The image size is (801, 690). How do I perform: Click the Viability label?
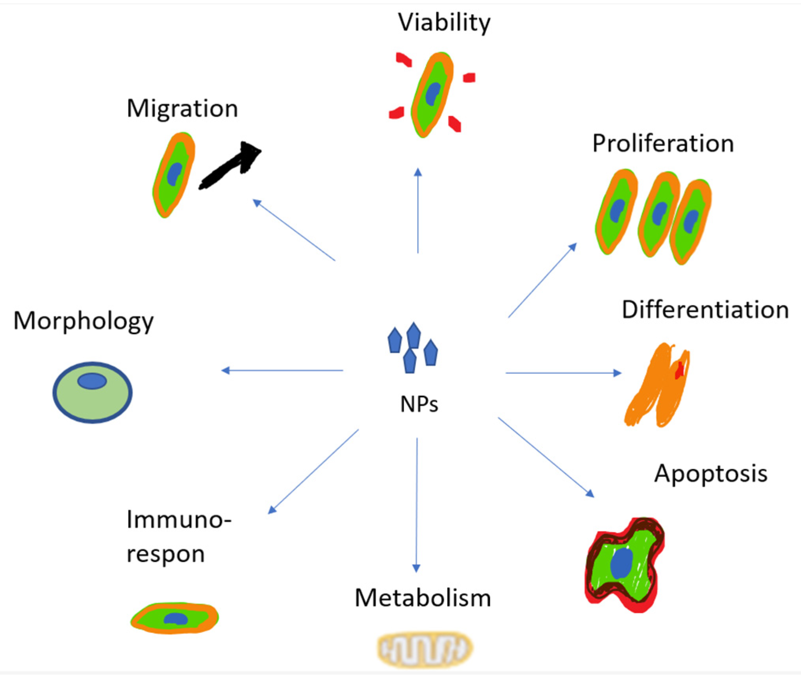point(444,22)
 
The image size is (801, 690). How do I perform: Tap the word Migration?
point(182,108)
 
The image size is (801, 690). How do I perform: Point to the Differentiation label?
point(705,310)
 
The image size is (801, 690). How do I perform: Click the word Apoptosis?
point(710,473)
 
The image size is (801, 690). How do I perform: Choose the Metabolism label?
point(423,598)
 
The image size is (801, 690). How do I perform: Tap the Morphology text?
point(83,321)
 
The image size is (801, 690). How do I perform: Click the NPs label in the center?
point(419,404)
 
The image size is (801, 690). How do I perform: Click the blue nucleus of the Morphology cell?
point(92,381)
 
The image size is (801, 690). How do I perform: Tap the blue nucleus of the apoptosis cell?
point(621,564)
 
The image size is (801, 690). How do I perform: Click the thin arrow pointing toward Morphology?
point(282,370)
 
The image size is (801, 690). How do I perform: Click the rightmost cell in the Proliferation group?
point(690,221)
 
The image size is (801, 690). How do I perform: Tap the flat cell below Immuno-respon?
point(175,618)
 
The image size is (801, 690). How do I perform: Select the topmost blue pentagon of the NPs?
point(413,335)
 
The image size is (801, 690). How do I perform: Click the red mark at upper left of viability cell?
point(404,59)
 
